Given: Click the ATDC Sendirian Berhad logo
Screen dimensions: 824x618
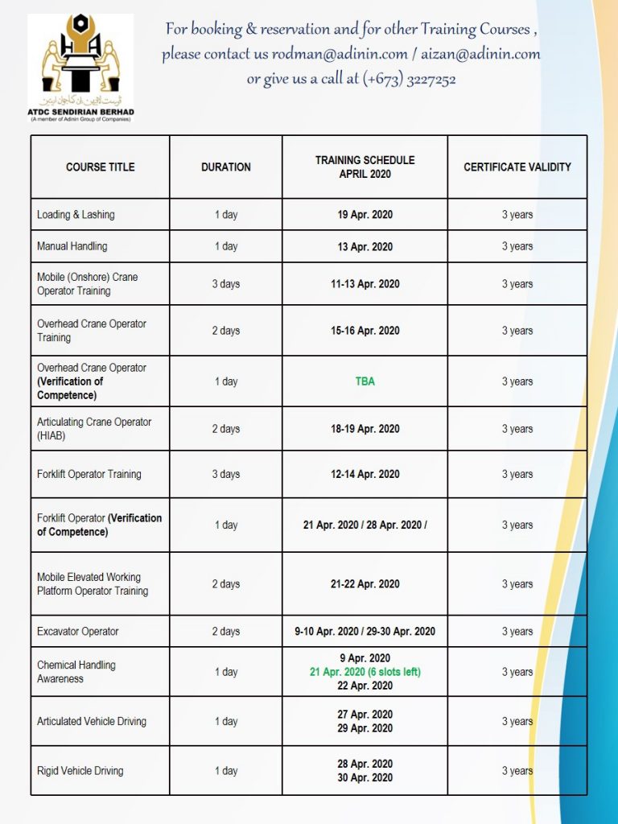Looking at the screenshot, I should coord(80,68).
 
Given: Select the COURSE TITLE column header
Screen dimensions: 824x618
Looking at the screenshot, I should coord(100,167).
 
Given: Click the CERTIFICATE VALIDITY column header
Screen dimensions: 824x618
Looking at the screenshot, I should coord(517,167).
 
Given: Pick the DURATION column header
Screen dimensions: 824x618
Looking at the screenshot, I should coord(225,167).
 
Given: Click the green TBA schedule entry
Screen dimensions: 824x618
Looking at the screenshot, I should coord(365,381).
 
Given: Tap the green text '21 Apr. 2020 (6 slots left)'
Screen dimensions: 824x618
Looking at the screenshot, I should coord(365,672).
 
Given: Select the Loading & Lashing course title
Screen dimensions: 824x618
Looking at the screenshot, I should coord(76,215).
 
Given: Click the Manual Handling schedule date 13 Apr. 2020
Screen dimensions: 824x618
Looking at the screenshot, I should coord(365,247).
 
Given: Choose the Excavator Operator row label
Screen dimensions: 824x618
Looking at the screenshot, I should coord(77,631).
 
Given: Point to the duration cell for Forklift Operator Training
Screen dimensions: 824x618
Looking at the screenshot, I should coord(225,474).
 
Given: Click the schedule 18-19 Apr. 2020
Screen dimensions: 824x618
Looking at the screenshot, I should coord(365,429).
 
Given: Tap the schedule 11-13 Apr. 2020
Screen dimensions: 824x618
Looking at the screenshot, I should coord(365,284).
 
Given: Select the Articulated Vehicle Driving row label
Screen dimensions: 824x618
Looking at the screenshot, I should coord(91,721).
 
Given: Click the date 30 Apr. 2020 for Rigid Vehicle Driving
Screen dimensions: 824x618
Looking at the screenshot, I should coord(365,778).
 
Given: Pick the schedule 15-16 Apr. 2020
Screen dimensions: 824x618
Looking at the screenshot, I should coord(365,331).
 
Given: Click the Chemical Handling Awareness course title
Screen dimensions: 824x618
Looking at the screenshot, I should coord(76,672).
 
